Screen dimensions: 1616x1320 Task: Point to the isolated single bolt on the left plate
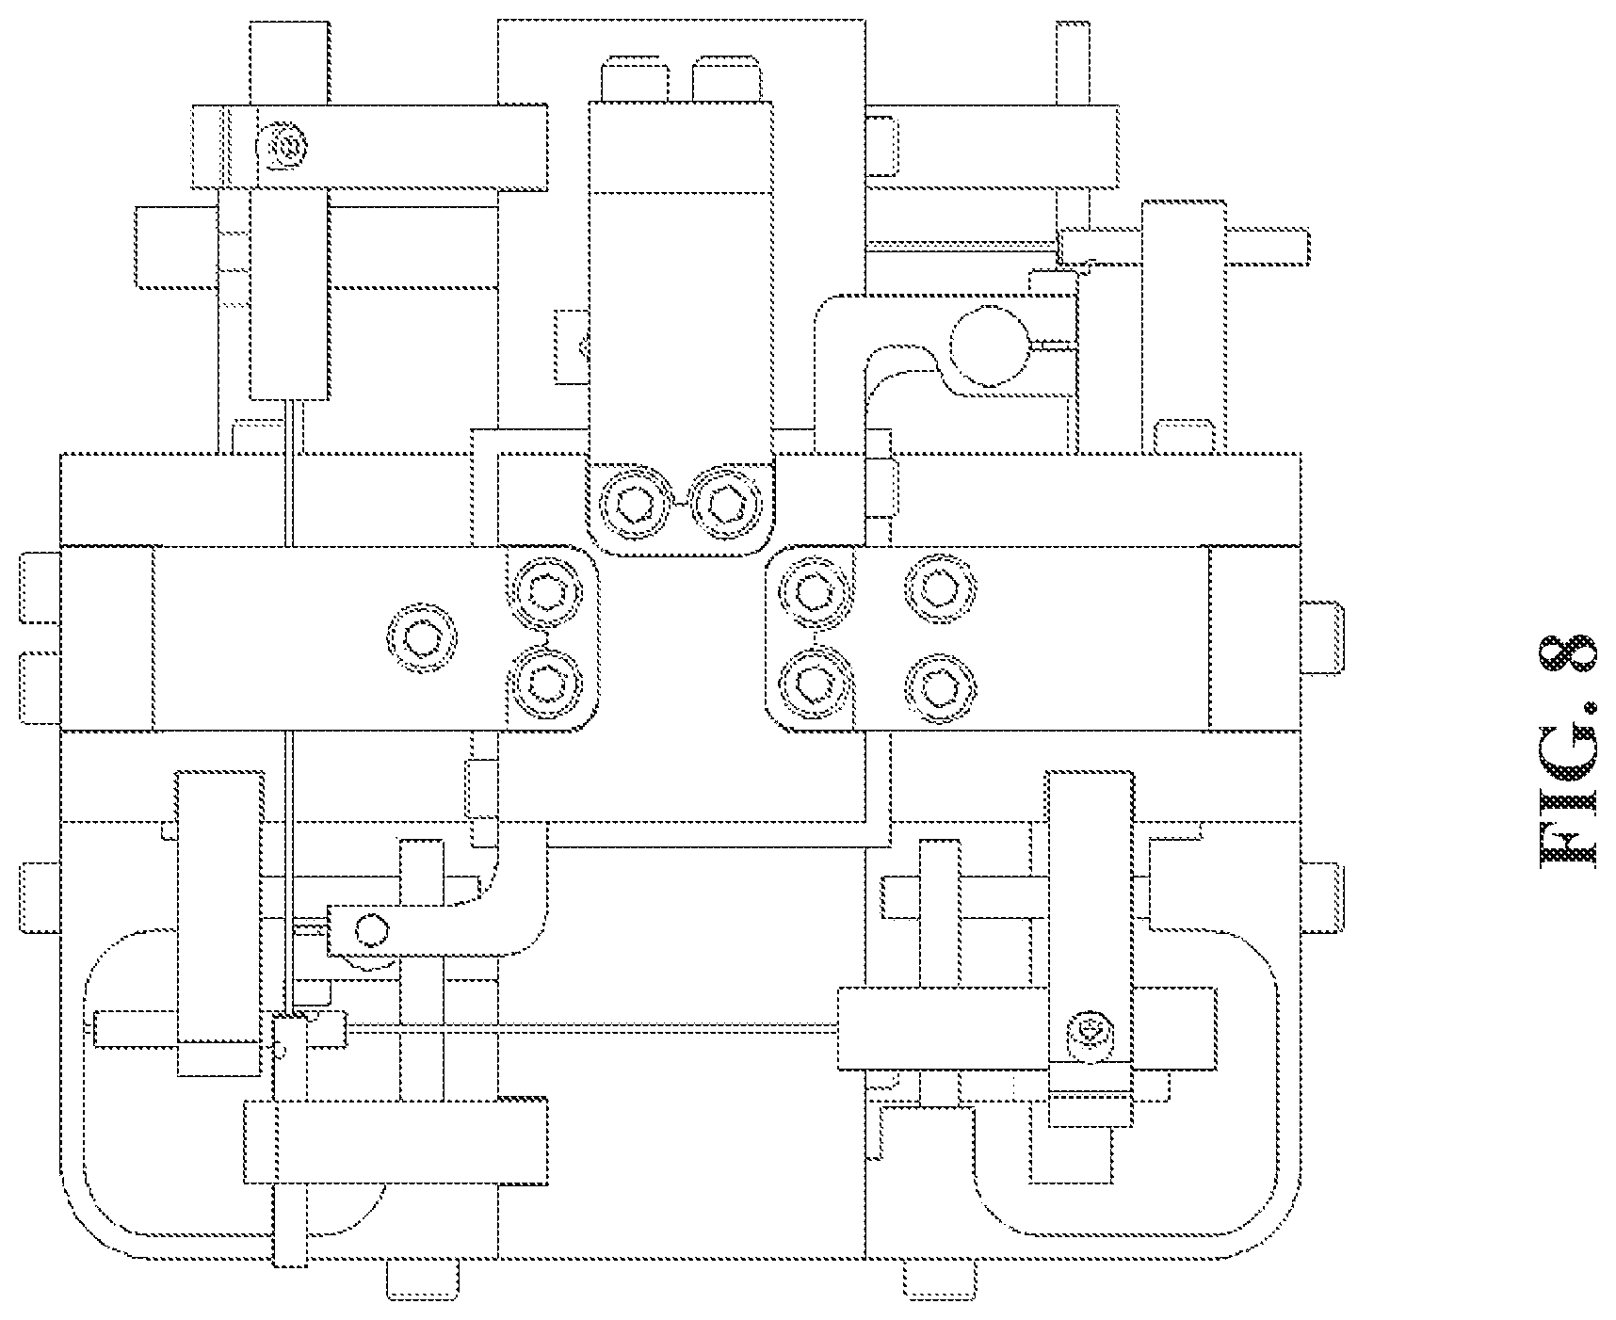coord(421,639)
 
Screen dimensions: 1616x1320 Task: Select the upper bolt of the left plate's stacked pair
coord(546,590)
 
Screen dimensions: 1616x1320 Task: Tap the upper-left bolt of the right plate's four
coord(812,590)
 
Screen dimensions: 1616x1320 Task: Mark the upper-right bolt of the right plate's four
coord(939,590)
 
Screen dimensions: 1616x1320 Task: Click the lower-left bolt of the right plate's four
coord(812,686)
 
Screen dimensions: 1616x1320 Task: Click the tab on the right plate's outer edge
coord(1322,637)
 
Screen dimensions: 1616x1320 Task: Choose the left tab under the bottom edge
coord(423,1280)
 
